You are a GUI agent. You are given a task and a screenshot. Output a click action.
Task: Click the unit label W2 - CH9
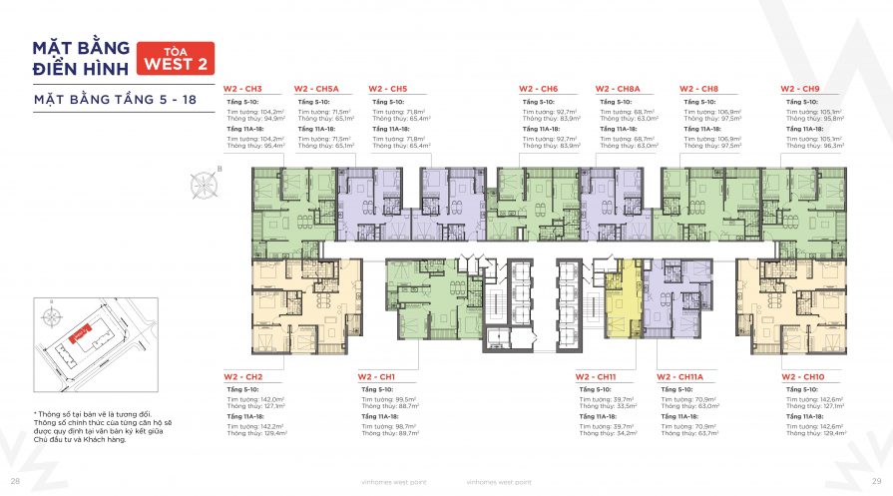[x=800, y=89]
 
